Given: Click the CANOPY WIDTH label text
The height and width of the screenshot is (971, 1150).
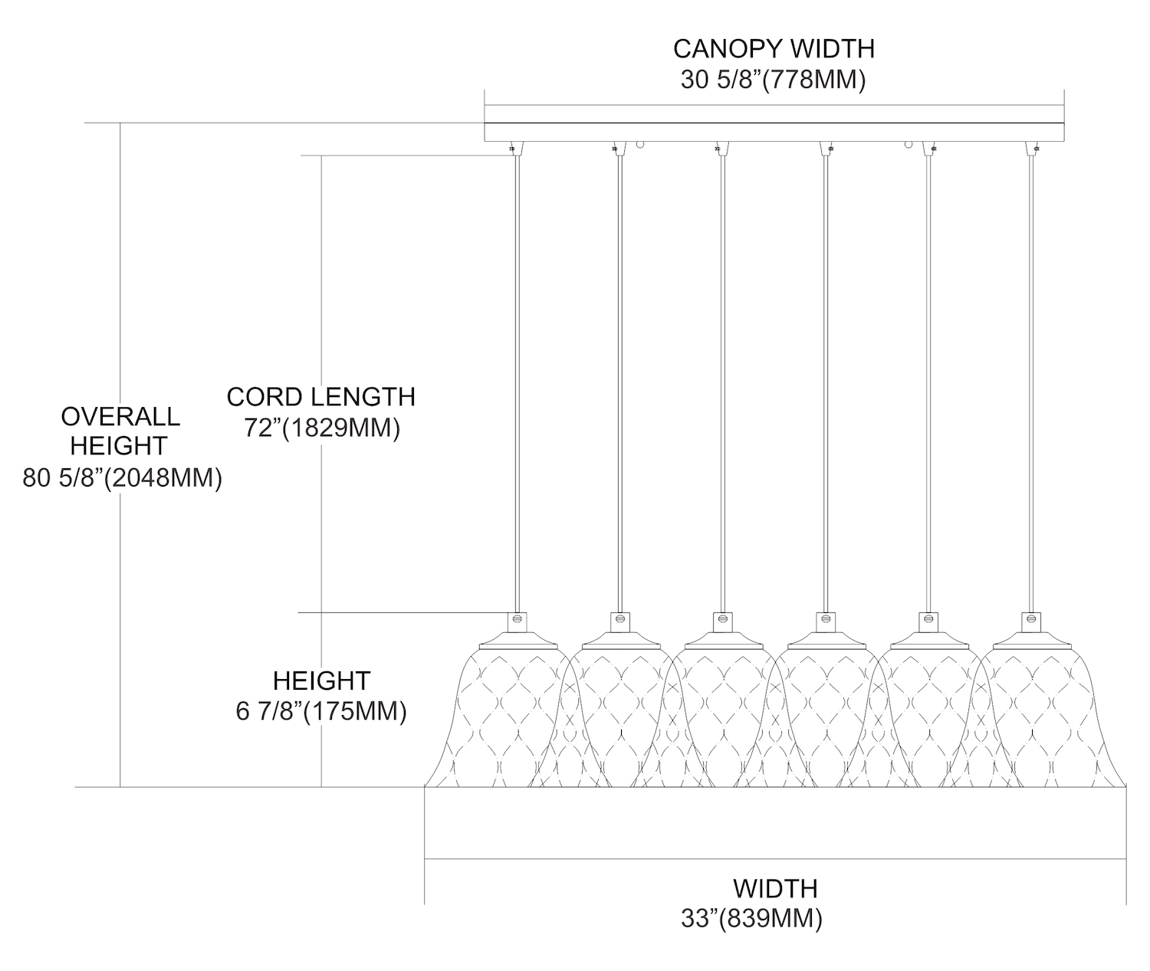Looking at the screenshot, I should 774,49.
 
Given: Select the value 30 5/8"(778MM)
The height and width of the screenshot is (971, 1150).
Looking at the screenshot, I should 774,80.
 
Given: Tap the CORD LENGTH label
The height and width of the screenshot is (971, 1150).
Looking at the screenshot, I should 320,397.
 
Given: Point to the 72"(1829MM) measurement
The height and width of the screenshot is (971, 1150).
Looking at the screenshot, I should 322,428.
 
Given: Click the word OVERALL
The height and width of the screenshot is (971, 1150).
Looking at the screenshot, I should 121,417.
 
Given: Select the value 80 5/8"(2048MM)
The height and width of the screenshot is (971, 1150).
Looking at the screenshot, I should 123,478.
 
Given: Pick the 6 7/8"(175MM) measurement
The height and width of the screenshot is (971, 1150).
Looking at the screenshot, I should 321,712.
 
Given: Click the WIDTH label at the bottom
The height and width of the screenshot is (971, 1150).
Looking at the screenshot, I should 775,889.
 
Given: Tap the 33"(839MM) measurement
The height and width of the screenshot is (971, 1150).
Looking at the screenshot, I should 752,919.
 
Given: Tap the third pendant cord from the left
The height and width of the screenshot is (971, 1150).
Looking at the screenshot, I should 721,383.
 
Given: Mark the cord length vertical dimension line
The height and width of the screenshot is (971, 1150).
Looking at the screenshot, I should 321,307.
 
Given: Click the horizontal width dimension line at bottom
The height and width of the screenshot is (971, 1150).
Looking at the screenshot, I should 775,859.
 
